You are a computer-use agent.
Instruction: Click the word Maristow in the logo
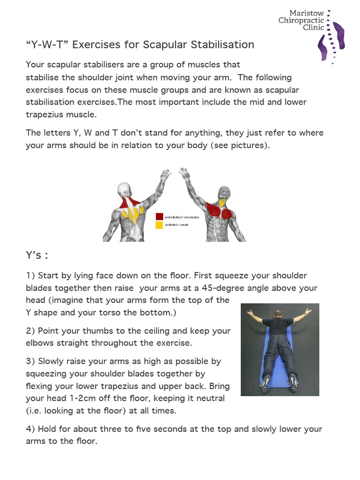307,13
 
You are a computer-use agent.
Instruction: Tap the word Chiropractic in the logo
301,20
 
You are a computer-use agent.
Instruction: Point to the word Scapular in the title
161,45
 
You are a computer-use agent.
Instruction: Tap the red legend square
159,217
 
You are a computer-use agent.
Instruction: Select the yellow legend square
159,225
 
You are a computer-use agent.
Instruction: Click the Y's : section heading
37,255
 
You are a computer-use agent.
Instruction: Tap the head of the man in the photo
279,313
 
